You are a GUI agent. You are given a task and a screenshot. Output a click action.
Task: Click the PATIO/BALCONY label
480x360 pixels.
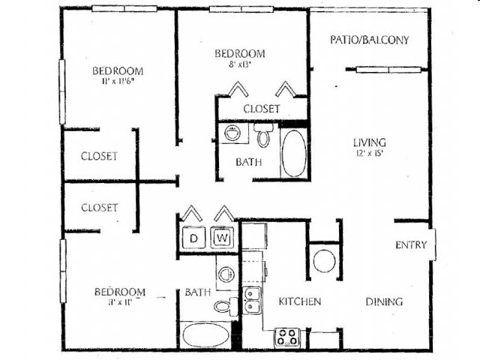[x=370, y=40]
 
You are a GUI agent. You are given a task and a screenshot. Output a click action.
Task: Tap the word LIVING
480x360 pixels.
[x=370, y=142]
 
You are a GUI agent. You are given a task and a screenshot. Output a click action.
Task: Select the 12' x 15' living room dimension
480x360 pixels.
[x=370, y=154]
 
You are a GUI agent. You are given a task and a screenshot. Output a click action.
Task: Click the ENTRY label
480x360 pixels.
[x=411, y=244]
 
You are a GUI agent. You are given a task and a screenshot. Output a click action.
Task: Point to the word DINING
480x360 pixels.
[x=384, y=301]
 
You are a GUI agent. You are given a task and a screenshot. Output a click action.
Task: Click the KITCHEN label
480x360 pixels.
[x=300, y=301]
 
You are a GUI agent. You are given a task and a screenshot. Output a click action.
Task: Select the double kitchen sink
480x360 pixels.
[x=251, y=300]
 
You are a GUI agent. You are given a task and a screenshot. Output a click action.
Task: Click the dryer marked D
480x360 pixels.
[x=193, y=238]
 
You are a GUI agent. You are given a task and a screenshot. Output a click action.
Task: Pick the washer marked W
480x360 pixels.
[x=223, y=238]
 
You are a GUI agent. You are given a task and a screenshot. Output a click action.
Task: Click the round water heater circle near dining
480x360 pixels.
[x=324, y=261]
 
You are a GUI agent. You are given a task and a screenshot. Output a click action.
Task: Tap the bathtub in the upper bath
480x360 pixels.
[x=293, y=153]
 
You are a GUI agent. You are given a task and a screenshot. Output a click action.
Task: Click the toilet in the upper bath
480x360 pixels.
[x=262, y=137]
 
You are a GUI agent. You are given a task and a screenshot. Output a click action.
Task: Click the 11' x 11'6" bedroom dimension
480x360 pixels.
[x=117, y=83]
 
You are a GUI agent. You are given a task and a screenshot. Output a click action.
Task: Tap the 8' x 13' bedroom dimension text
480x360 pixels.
[x=239, y=65]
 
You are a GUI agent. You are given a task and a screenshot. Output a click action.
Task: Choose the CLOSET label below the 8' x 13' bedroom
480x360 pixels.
[x=261, y=109]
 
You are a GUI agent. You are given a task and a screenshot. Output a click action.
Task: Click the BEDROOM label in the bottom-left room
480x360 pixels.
[x=119, y=291]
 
